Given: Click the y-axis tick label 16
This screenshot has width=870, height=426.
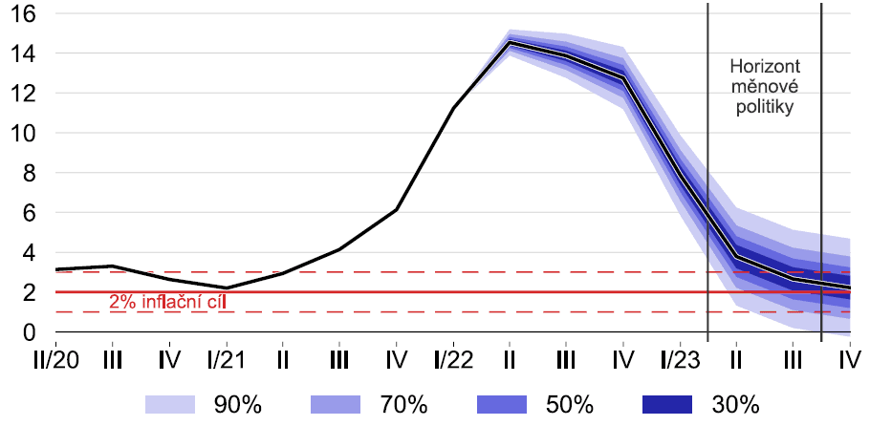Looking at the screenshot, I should click(x=24, y=14).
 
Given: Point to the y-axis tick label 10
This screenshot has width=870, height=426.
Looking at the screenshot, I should click(x=24, y=134).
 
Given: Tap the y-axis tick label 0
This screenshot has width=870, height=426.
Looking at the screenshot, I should click(x=30, y=332).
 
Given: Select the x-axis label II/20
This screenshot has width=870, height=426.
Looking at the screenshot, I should click(x=55, y=360).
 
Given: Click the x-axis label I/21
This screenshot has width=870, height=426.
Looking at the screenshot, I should click(x=226, y=360).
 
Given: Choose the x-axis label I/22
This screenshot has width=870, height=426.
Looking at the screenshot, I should click(x=452, y=360).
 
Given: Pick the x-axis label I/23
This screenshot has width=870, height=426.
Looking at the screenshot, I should click(x=680, y=360).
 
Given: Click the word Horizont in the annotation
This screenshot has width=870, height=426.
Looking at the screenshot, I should click(x=765, y=67).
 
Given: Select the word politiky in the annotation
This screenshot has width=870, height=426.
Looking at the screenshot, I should click(x=765, y=107).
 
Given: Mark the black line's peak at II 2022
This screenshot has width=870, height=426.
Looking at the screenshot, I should click(x=510, y=42).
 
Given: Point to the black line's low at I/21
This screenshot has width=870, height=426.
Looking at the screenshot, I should click(x=226, y=288).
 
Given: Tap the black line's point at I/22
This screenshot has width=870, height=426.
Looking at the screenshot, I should click(x=452, y=108).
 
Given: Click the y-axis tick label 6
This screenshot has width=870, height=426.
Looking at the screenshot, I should click(x=30, y=213).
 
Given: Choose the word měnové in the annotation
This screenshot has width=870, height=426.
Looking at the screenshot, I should click(x=765, y=87).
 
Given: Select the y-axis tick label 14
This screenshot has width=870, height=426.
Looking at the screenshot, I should click(x=24, y=54).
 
